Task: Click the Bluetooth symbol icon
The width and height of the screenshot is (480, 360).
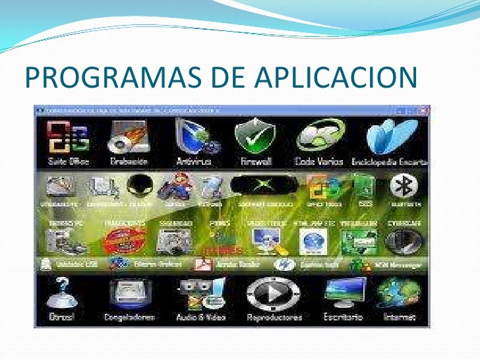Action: [401, 187]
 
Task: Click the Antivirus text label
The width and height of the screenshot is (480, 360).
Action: [193, 161]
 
